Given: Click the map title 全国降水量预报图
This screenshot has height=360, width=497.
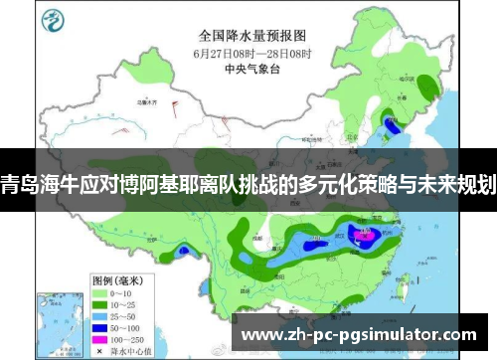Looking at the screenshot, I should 254,35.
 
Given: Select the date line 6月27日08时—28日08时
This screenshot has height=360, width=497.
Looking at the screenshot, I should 254,53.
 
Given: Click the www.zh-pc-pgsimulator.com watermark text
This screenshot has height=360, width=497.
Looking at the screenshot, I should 359,334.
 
